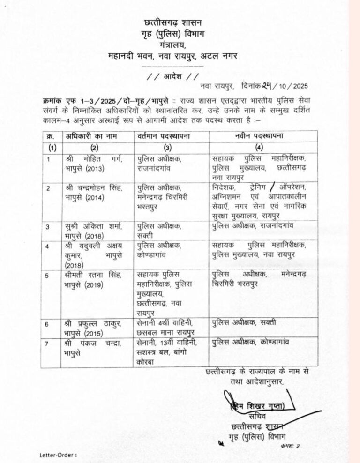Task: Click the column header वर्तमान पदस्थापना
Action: coord(165,136)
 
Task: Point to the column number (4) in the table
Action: coord(259,147)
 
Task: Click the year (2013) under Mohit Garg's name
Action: coord(78,167)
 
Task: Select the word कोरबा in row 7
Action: coord(147,361)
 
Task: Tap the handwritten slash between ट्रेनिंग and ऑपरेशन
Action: coord(280,187)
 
